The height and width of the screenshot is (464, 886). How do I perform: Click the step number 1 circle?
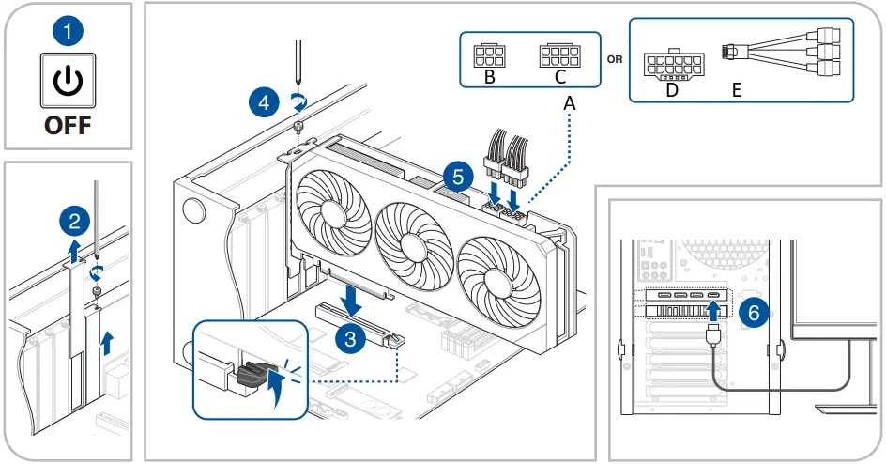coord(68,31)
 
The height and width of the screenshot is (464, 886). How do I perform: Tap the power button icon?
coord(68,80)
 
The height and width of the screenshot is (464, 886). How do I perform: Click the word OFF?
coord(68,125)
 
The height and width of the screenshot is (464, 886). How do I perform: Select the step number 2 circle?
coord(74,221)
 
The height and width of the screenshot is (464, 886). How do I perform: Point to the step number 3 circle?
coord(350,338)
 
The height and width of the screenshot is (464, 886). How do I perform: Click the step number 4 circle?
coord(264,103)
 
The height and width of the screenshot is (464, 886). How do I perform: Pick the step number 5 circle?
coord(458,177)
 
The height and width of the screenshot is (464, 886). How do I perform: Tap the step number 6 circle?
coord(754,312)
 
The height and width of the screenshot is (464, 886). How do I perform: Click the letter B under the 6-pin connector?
coord(490,77)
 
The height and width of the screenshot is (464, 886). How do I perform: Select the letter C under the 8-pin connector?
coord(560,77)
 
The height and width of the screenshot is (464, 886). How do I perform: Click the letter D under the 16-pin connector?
coord(672,90)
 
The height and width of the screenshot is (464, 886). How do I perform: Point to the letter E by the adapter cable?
coord(736,90)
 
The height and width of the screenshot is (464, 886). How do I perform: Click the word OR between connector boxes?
coord(615,59)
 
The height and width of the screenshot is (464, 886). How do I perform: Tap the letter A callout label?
coord(570,103)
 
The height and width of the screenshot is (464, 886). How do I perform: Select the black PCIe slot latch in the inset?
coord(252,374)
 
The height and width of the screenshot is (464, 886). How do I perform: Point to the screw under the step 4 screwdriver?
coord(298,126)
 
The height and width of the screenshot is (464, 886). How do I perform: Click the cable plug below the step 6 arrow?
coord(714,334)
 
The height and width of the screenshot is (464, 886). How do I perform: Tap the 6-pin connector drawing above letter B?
coord(489,55)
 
